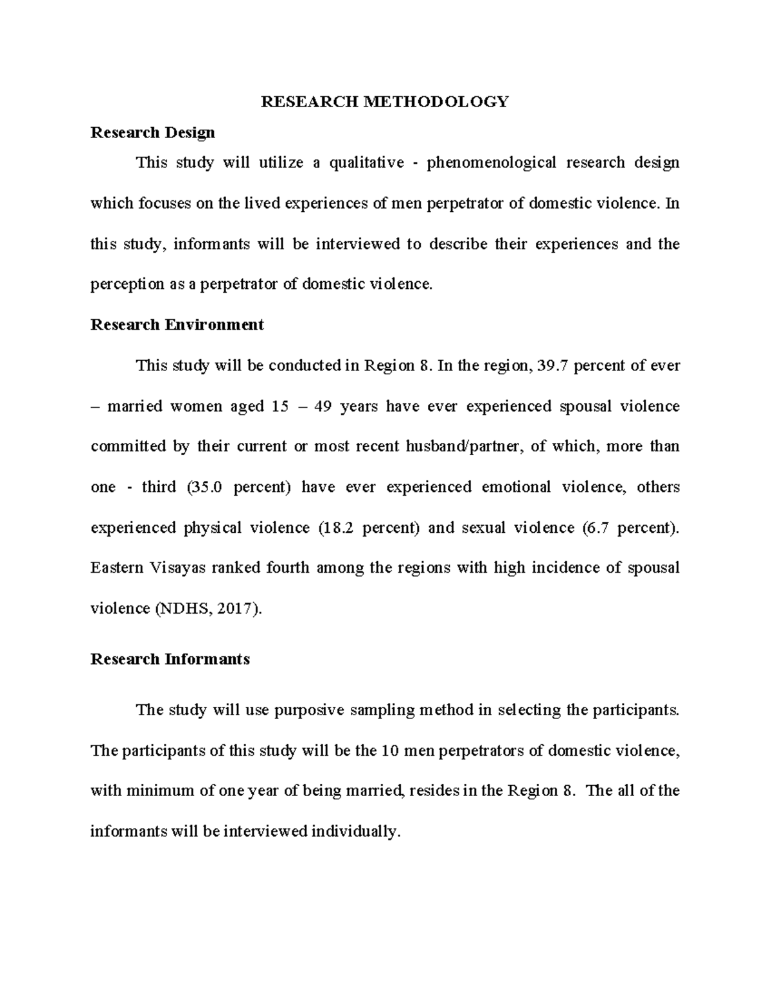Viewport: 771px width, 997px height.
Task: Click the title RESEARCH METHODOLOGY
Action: [x=384, y=101]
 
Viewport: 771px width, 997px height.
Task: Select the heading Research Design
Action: [x=152, y=133]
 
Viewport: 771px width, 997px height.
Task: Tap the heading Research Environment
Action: [x=177, y=325]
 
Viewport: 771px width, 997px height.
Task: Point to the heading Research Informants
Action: [x=170, y=659]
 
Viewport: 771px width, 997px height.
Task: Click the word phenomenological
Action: [x=492, y=163]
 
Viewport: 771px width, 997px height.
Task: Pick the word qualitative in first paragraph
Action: [x=366, y=163]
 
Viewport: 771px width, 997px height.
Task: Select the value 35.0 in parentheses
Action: [x=207, y=487]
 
